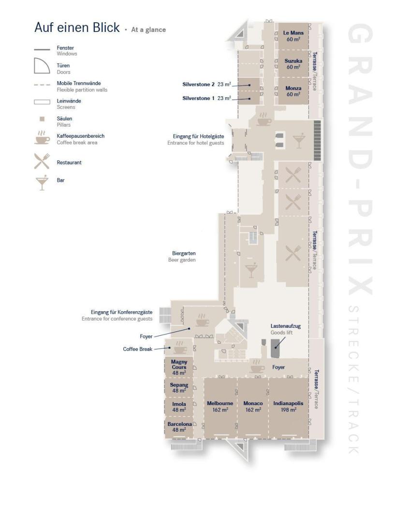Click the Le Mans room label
(x=293, y=33)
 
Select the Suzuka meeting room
(x=293, y=64)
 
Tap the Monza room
(x=293, y=91)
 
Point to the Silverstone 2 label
(x=198, y=85)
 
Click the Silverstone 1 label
(x=198, y=98)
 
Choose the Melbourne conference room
(x=220, y=407)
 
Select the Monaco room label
(x=253, y=404)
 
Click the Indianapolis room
(x=289, y=407)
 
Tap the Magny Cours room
(x=179, y=367)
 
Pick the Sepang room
(x=179, y=388)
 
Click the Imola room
(x=179, y=407)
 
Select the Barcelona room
(x=179, y=427)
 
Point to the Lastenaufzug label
(x=286, y=326)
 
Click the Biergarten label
(x=184, y=253)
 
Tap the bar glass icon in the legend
(x=42, y=182)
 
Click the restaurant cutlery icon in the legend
(x=42, y=161)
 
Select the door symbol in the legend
(x=42, y=66)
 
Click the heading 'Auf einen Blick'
(x=77, y=27)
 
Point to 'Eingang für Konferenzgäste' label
(x=121, y=312)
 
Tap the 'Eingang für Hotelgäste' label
(x=198, y=137)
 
